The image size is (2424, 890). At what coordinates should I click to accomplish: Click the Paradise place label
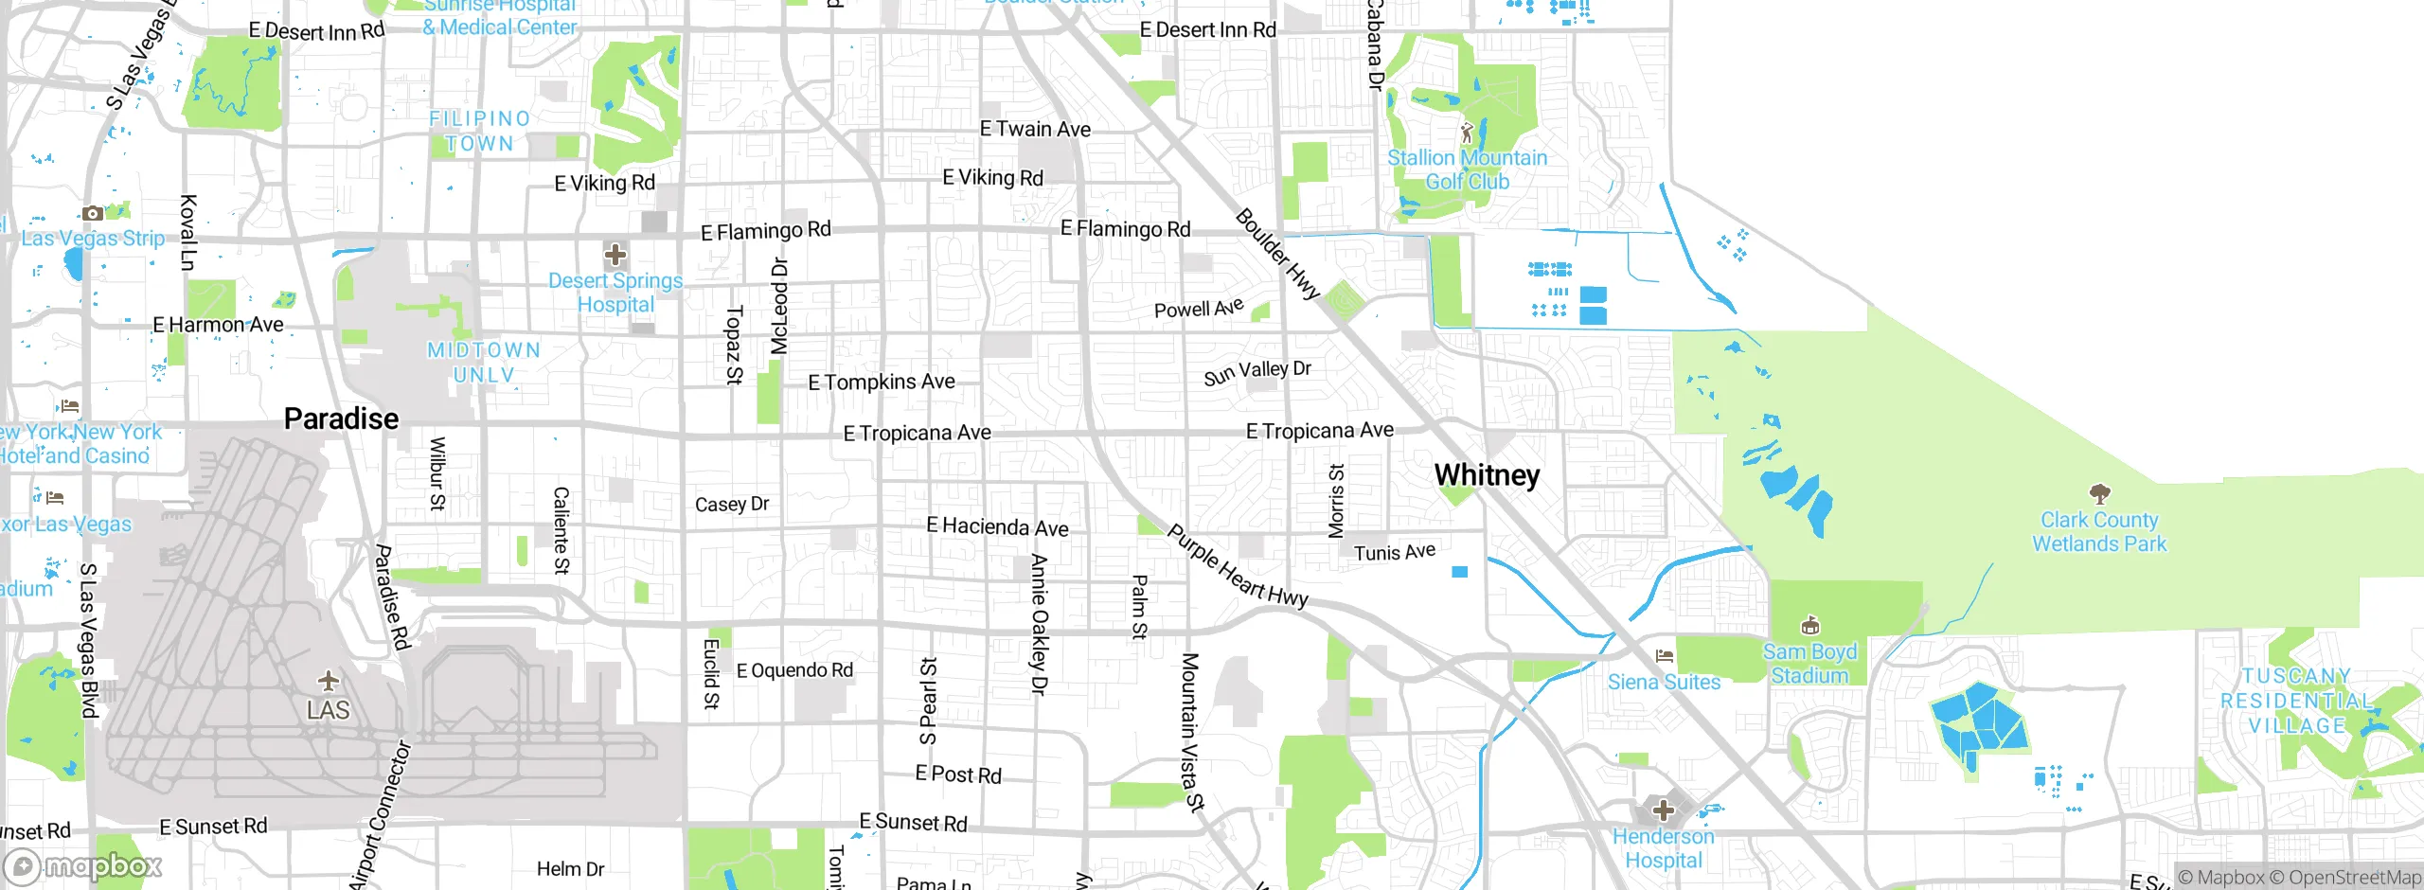tap(341, 418)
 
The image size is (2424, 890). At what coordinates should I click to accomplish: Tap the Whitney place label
tap(1487, 474)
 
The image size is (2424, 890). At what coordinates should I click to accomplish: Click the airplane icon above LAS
tap(329, 681)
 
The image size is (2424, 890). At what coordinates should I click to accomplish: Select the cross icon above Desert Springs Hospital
tap(615, 254)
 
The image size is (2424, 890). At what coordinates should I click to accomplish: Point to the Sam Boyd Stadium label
tap(1809, 664)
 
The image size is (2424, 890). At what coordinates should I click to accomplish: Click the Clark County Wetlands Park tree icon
tap(2099, 493)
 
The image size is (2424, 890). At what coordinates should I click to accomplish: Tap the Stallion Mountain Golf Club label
tap(1467, 169)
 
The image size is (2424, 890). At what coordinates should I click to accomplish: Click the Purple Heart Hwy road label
tap(1237, 566)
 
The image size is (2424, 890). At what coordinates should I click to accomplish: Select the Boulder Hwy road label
tap(1277, 254)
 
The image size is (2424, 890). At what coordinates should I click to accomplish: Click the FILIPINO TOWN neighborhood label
tap(479, 131)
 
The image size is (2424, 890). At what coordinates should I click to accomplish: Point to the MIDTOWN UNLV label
tap(484, 363)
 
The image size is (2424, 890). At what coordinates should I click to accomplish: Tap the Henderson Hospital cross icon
tap(1664, 810)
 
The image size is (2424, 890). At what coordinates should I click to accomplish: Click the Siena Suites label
tap(1664, 682)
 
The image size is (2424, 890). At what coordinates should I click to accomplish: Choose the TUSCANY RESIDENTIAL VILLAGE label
tap(2296, 701)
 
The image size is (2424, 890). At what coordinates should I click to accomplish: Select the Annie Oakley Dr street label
tap(1039, 625)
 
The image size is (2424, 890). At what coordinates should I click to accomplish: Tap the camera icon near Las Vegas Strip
tap(92, 214)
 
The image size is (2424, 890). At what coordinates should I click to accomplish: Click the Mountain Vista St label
tap(1190, 731)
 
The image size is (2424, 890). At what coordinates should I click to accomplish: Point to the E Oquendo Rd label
tap(794, 670)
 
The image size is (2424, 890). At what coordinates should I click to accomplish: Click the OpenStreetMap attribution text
tap(2354, 878)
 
